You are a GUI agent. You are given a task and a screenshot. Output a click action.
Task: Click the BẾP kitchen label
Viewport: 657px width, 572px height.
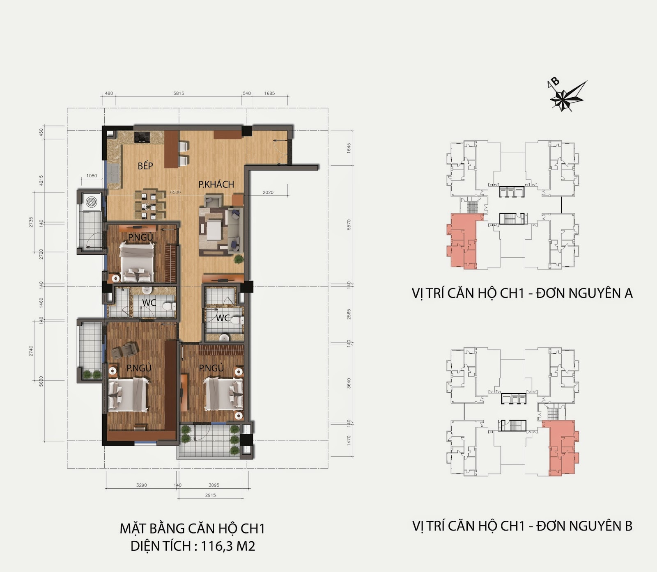[x=145, y=166]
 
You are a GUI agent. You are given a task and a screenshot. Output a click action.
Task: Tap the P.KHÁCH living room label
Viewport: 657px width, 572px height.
[x=216, y=185]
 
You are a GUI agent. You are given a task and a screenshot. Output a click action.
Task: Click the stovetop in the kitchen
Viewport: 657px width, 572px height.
[x=142, y=137]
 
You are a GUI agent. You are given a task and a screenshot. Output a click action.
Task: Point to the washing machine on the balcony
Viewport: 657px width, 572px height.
[x=91, y=202]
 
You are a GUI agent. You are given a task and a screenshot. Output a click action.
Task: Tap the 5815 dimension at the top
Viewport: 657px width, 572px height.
[x=179, y=93]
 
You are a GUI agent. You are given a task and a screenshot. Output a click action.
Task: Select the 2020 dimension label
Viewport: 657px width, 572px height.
[x=268, y=192]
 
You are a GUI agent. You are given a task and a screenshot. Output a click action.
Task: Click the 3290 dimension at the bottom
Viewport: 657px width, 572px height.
[x=141, y=485]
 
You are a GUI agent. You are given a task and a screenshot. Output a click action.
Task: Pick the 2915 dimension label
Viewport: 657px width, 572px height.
[x=210, y=495]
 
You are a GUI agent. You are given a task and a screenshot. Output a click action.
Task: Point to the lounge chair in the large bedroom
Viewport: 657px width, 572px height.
[x=125, y=350]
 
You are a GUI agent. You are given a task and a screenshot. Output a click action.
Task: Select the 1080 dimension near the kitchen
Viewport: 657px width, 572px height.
[x=92, y=176]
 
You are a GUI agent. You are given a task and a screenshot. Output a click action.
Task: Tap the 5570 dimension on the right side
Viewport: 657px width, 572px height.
[x=349, y=224]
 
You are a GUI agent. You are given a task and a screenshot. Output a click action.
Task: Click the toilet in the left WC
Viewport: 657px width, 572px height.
[x=168, y=306]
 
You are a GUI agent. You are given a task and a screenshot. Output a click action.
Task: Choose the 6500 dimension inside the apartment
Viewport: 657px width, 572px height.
[x=175, y=192]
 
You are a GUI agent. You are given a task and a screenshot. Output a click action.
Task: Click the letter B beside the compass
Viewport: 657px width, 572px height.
[x=555, y=81]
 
